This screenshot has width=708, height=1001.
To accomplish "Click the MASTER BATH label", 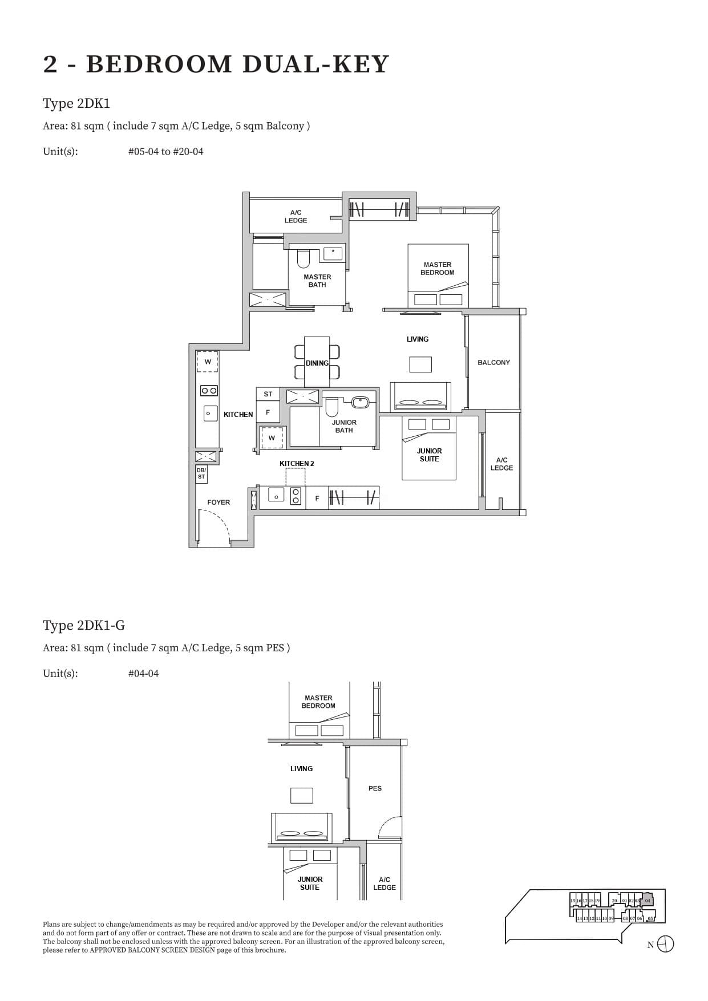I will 317,281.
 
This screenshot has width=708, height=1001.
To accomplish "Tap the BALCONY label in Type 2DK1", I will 493,363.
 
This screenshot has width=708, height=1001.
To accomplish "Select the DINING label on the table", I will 317,363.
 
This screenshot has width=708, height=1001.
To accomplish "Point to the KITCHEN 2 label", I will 297,464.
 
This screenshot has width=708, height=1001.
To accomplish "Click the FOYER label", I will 219,502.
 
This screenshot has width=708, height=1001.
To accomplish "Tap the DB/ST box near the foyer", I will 201,473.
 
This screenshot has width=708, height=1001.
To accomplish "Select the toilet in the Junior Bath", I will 332,407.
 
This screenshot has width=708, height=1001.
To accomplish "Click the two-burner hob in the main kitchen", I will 209,391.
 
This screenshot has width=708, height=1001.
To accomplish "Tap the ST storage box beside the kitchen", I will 268,394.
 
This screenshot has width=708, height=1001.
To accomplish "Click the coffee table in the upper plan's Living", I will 420,364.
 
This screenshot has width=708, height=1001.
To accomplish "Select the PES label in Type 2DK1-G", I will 375,788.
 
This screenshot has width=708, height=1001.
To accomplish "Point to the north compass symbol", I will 665,945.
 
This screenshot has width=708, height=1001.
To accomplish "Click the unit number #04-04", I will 144,674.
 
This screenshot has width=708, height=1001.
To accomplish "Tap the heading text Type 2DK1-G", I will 84,626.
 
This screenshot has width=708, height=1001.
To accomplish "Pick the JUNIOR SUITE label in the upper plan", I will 429,455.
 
